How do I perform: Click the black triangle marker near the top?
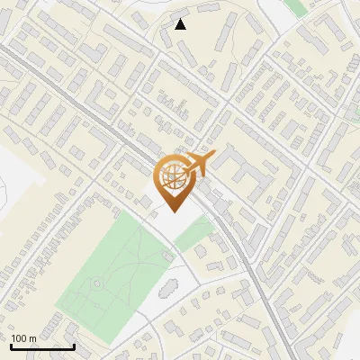click(x=181, y=24)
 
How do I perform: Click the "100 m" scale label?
click(x=23, y=338)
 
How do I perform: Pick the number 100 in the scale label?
click(x=19, y=338)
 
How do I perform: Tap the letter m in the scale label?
click(x=32, y=339)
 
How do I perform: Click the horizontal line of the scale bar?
click(x=42, y=346)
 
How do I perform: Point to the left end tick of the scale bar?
click(x=12, y=345)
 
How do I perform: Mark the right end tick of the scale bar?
click(x=74, y=345)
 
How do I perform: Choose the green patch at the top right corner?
click(x=294, y=6)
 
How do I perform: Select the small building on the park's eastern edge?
click(x=167, y=256)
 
